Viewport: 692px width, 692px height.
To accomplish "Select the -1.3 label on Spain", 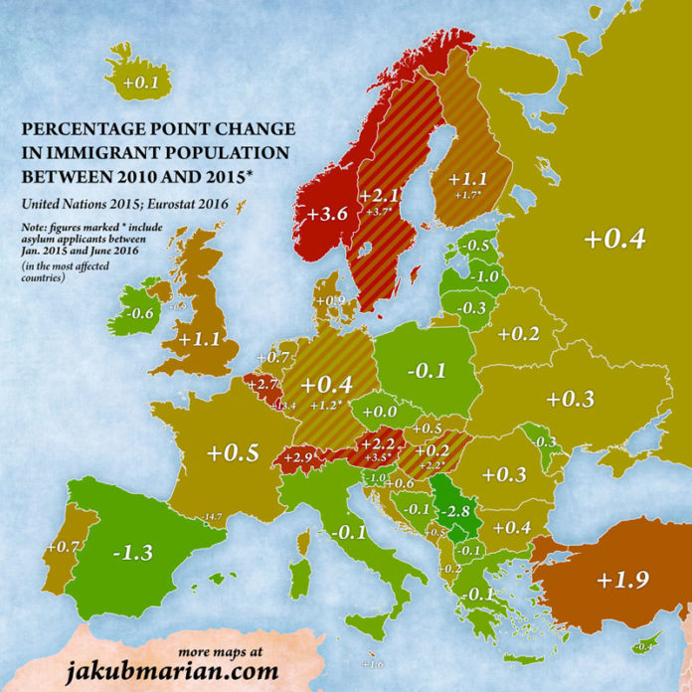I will pyautogui.click(x=132, y=552).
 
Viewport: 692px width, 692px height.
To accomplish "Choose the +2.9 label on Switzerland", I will pyautogui.click(x=298, y=456).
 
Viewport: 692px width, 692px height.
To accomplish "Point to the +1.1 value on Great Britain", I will pyautogui.click(x=199, y=338).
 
